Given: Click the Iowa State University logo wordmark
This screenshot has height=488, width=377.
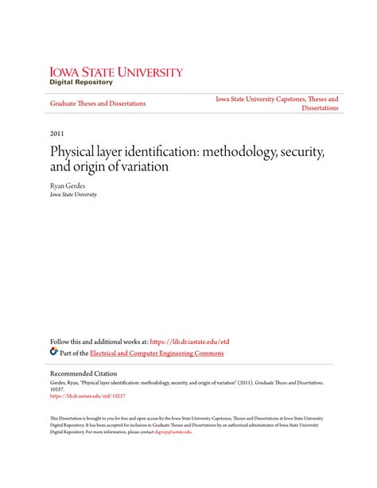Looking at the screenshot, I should pyautogui.click(x=116, y=72).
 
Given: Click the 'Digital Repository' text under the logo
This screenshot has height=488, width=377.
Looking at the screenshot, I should pyautogui.click(x=81, y=82).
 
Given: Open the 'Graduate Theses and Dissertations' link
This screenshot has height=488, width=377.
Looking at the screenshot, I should pyautogui.click(x=98, y=103).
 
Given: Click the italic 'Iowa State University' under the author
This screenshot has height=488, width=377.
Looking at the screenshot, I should pyautogui.click(x=73, y=193).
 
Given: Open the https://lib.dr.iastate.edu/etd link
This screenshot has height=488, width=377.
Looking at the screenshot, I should pyautogui.click(x=190, y=342).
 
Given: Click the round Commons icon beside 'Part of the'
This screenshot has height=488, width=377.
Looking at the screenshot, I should pyautogui.click(x=54, y=352).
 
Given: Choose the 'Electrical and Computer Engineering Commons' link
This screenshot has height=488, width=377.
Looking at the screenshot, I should pyautogui.click(x=157, y=353).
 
